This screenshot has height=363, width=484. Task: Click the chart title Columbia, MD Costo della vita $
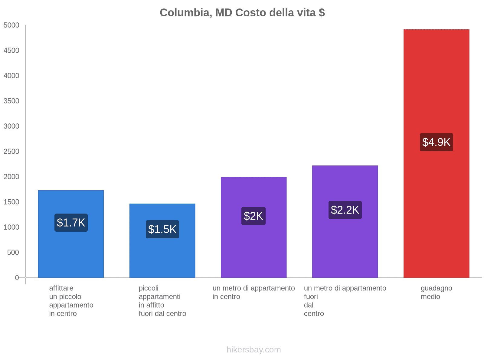pyautogui.click(x=242, y=13)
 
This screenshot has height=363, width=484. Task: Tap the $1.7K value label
pyautogui.click(x=71, y=223)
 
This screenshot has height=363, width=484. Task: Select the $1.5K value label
pyautogui.click(x=162, y=229)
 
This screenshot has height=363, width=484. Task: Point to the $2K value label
pyautogui.click(x=253, y=216)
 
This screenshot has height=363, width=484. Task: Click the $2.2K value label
pyautogui.click(x=345, y=210)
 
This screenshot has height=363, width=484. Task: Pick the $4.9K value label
pyautogui.click(x=436, y=142)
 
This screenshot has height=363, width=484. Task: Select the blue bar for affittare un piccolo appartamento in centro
pyautogui.click(x=71, y=254)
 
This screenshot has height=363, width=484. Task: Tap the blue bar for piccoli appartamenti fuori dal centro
pyautogui.click(x=162, y=257)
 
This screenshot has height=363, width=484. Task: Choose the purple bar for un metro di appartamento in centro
pyautogui.click(x=253, y=248)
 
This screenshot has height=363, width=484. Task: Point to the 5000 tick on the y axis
pyautogui.click(x=11, y=25)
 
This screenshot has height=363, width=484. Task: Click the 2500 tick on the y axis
pyautogui.click(x=11, y=152)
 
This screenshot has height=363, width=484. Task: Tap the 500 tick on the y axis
pyautogui.click(x=13, y=253)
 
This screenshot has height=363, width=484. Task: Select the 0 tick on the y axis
pyautogui.click(x=17, y=278)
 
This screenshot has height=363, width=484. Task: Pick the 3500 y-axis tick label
pyautogui.click(x=11, y=101)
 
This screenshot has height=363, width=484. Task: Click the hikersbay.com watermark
pyautogui.click(x=253, y=350)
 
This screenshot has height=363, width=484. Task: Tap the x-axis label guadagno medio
pyautogui.click(x=436, y=292)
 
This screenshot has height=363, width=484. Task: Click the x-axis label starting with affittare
pyautogui.click(x=71, y=301)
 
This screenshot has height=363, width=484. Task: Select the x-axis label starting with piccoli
pyautogui.click(x=162, y=301)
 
